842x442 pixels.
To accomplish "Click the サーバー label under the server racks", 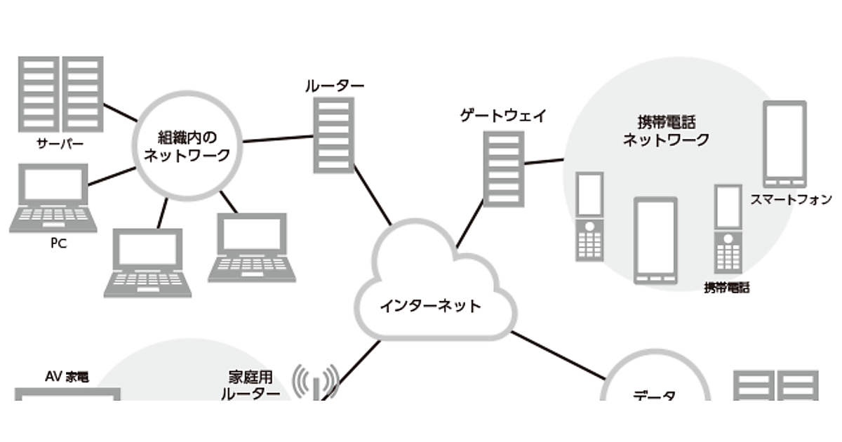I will point(60,145).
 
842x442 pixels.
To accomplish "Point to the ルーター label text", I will point(335,86).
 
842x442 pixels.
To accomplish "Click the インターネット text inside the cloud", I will point(430,306).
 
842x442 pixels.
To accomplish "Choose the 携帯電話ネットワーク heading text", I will point(666,130).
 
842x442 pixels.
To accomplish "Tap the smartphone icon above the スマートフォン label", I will point(784,142).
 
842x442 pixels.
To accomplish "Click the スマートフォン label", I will point(790,199).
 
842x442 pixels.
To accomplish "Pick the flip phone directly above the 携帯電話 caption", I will point(728,228).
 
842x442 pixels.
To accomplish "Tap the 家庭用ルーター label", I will point(250,386).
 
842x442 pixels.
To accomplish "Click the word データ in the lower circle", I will point(655,396).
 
